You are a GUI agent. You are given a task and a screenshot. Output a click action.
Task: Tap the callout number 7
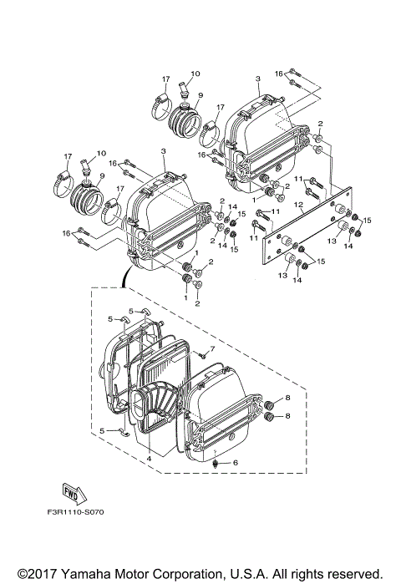point(213,348)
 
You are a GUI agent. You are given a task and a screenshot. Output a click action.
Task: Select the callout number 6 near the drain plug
point(236,462)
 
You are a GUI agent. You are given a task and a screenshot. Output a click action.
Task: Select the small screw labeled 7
point(201,355)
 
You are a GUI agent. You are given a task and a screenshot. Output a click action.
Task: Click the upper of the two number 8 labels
point(287,399)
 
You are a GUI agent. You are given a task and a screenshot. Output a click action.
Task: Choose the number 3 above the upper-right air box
point(258,78)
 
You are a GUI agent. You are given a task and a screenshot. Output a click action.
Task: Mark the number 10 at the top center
point(196,74)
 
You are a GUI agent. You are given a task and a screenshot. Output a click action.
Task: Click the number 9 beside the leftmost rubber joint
point(101,175)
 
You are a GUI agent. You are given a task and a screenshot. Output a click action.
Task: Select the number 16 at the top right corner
point(280,74)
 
